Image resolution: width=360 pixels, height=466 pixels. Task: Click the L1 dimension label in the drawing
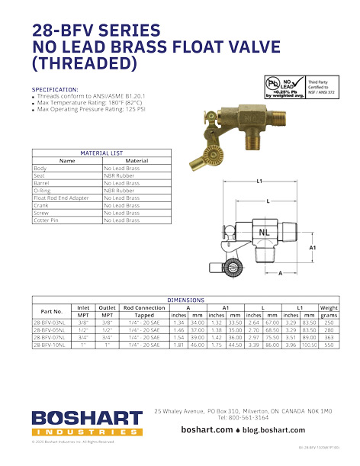pos(259,182)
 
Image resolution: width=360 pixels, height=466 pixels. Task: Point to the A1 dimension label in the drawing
pos(312,248)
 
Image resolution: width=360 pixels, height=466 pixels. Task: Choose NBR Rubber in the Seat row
pos(120,175)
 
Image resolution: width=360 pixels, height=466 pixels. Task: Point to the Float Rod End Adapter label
pos(62,198)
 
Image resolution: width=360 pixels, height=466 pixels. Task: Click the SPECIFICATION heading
pos(55,89)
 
